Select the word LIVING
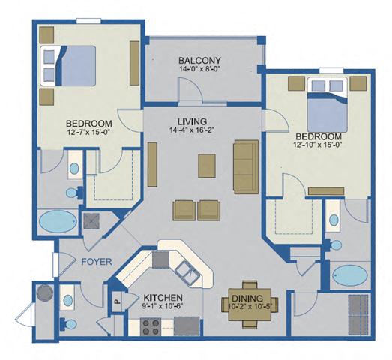[197, 121]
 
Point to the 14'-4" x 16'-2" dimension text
[197, 133]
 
